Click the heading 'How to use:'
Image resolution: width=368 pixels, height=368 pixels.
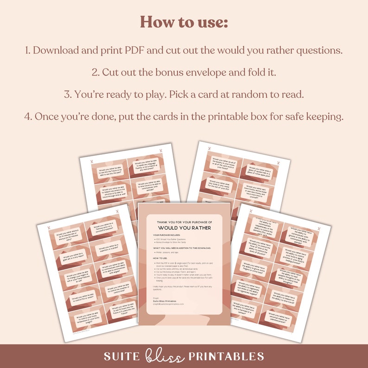[184, 22]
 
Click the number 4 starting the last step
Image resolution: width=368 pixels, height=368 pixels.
[27, 117]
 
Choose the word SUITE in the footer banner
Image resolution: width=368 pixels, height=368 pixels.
[121, 356]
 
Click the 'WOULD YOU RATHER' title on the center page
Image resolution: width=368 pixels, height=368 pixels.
[184, 228]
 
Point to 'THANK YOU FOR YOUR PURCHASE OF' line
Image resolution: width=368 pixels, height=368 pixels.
[184, 222]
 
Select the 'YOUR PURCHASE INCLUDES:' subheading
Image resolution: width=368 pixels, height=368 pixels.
[166, 235]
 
